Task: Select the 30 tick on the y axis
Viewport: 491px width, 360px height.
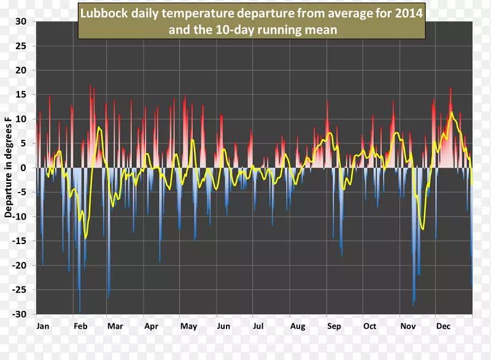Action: point(21,21)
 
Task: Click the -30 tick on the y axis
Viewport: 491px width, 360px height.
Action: point(20,314)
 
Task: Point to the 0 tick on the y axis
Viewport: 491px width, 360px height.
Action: point(23,168)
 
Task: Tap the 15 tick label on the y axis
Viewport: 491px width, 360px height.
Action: point(21,94)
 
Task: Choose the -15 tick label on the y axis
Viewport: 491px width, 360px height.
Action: point(20,241)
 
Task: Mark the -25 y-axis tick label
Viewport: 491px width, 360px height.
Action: point(20,289)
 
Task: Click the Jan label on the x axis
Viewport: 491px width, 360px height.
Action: point(43,326)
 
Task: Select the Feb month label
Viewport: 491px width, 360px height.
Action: point(80,326)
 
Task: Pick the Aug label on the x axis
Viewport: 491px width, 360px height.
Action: point(297,326)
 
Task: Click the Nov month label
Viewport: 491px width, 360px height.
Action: point(408,326)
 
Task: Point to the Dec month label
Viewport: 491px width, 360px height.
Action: point(443,326)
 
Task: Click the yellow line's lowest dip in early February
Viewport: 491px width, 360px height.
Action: point(86,237)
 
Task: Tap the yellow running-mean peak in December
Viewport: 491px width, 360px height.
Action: point(452,112)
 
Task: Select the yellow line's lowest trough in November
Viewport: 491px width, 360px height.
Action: point(423,229)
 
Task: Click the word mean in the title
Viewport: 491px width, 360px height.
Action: point(322,28)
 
